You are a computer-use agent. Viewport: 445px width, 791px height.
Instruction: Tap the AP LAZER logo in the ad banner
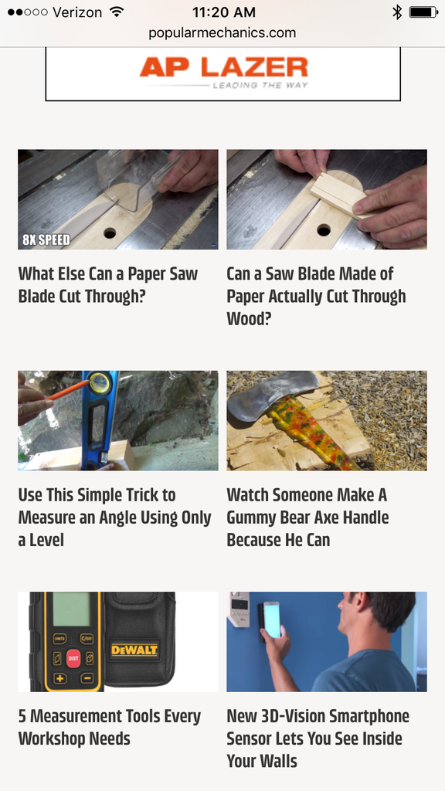(223, 68)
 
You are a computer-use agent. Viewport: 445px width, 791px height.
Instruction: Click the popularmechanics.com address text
(222, 32)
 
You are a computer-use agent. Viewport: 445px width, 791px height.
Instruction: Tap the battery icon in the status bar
(423, 12)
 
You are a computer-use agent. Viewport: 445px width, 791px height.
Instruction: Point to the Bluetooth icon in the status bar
(397, 12)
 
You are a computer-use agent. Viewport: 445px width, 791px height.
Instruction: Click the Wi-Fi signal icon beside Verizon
(117, 12)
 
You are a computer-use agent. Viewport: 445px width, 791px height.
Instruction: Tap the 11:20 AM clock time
(223, 12)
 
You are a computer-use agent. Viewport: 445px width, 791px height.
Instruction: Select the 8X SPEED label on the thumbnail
(46, 239)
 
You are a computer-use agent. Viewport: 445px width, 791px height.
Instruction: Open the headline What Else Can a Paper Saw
(108, 285)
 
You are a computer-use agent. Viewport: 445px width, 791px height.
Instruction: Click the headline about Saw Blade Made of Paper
(316, 296)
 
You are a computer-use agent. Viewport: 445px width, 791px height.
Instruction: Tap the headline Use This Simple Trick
(114, 517)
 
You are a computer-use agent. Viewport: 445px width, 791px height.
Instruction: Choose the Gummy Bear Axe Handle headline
(307, 517)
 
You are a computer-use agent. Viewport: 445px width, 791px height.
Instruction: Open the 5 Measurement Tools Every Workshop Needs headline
(109, 727)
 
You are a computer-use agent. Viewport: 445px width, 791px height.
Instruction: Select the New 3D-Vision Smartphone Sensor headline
(318, 738)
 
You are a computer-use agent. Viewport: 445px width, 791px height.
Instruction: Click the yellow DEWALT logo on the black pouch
(134, 650)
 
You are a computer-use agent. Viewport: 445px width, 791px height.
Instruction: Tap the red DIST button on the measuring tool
(73, 658)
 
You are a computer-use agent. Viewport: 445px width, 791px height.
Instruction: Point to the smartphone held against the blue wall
(271, 620)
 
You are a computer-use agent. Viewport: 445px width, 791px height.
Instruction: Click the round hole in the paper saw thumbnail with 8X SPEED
(109, 232)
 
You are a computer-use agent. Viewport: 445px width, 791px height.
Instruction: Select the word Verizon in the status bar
(77, 12)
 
